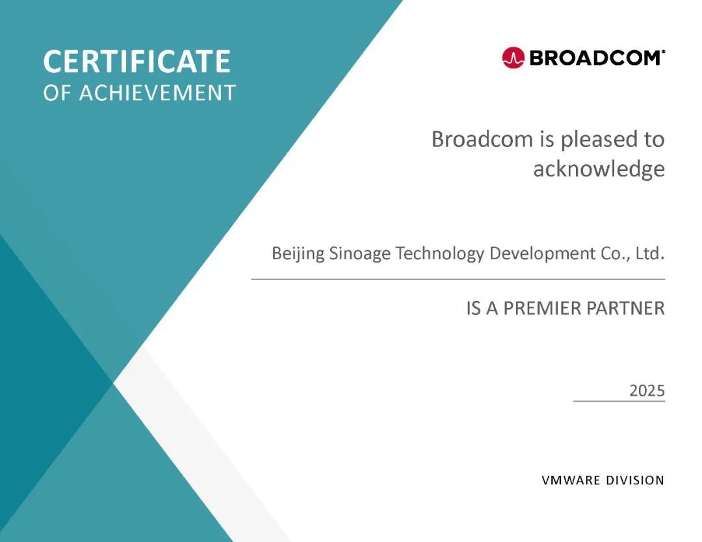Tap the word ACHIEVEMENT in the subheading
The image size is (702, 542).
tap(157, 93)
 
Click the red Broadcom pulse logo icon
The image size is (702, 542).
tap(513, 58)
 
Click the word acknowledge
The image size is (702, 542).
tap(599, 169)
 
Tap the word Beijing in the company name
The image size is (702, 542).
tap(298, 253)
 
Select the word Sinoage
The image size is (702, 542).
tap(360, 253)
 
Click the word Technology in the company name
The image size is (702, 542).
tap(439, 253)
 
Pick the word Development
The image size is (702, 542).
tap(543, 253)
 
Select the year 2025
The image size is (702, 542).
tap(647, 391)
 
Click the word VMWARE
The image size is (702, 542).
tap(571, 480)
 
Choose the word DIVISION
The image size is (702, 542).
tap(635, 480)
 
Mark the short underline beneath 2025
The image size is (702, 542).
tap(619, 401)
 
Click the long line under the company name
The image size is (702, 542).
tap(458, 279)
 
